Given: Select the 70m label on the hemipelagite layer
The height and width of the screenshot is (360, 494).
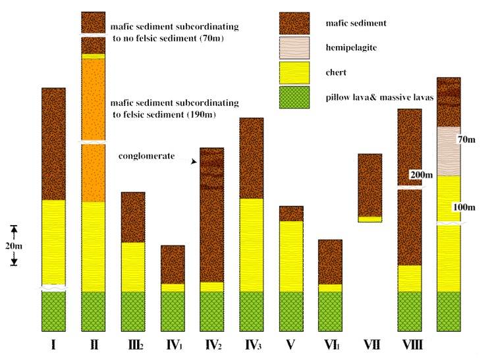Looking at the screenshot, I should (x=466, y=140).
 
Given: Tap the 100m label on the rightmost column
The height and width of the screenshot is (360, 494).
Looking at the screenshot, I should (x=464, y=207).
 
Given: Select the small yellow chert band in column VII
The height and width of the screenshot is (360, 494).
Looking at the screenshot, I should (x=370, y=219).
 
